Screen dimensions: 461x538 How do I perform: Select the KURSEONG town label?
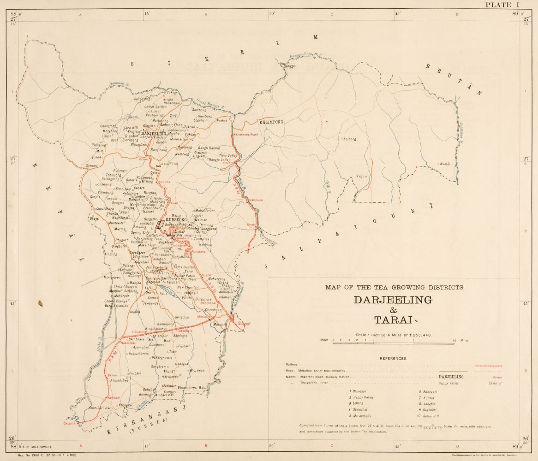click(175, 220)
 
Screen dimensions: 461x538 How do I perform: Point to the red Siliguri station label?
click(244, 324)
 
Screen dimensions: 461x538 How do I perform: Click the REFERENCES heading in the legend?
click(394, 358)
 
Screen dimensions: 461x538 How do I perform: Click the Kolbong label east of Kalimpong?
click(350, 139)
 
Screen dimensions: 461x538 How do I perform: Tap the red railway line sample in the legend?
click(487, 366)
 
